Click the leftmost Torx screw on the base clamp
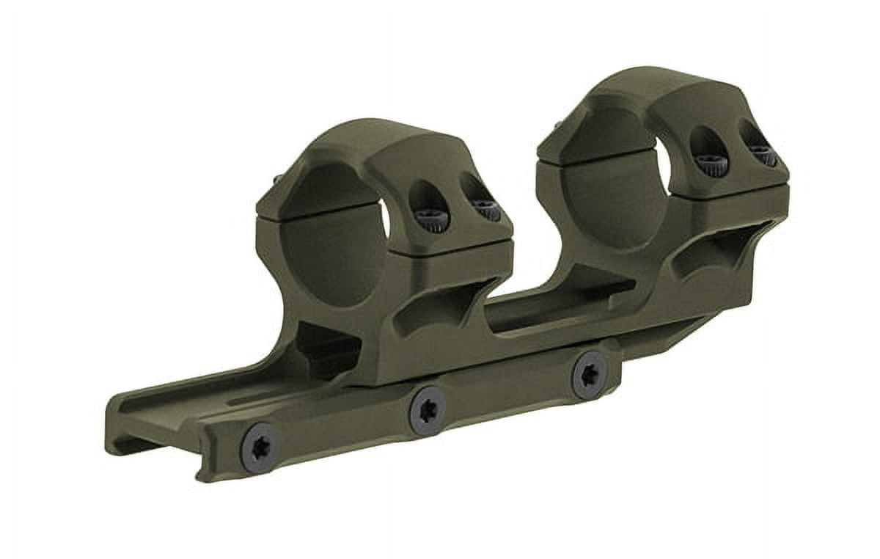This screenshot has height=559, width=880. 260,445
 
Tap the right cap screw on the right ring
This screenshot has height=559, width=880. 763,155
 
